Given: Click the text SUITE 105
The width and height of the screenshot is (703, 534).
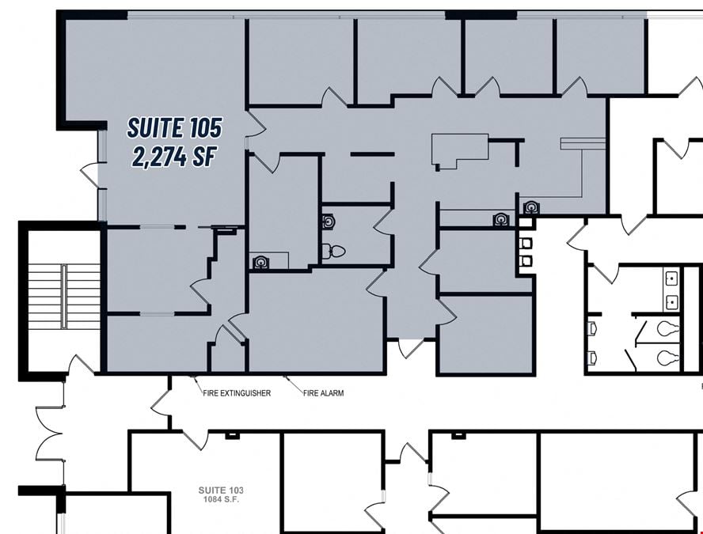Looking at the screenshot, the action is pos(174,127).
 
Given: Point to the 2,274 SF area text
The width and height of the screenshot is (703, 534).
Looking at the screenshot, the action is pos(174,157).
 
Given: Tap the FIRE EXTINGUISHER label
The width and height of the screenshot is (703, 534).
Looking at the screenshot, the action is pos(237,393).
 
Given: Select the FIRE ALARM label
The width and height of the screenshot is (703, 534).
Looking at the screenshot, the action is pos(323,393).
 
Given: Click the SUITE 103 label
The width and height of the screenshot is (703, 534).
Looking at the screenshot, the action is pos(221,490).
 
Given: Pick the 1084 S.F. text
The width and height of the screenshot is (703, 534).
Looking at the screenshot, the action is pos(219,499).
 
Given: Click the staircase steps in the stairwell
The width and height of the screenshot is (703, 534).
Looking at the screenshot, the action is pos(64,296).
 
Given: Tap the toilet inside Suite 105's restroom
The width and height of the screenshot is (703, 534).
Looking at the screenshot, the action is pos(333,252).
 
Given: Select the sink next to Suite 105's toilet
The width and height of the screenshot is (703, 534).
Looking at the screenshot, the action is pos(328,222).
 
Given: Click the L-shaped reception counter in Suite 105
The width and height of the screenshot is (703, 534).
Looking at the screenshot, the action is pos(459,150).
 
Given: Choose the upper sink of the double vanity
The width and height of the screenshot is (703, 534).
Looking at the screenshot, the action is pos(671,279).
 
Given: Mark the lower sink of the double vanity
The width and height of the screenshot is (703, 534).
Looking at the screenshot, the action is pos(671,302).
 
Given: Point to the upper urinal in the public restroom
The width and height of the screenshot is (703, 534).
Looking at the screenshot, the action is pos(592,329).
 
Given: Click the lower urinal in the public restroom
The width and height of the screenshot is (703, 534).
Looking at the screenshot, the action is pos(592,358).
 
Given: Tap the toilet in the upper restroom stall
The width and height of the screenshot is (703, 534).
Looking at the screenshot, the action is pos(668,329).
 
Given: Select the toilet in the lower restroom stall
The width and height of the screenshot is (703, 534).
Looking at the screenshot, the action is pos(668,358).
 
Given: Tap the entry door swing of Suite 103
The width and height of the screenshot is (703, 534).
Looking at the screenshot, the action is pos(196,440).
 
